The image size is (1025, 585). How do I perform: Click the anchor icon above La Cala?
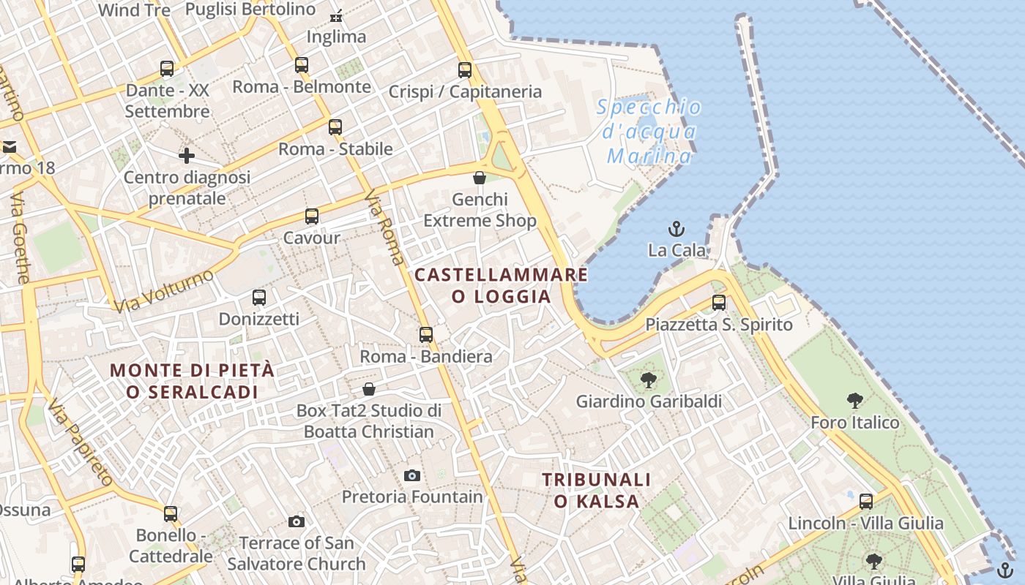[x=676, y=229]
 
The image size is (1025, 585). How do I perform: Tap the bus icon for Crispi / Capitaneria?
[x=465, y=70]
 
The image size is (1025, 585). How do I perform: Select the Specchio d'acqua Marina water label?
[x=649, y=132]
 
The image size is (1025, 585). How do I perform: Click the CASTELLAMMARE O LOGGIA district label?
[x=501, y=285]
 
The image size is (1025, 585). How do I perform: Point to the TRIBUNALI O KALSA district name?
[x=596, y=490]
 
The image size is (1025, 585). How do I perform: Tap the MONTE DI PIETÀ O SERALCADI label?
[x=193, y=381]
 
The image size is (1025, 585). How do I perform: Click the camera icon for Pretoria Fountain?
[x=412, y=476]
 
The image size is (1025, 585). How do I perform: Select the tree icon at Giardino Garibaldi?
[x=648, y=380]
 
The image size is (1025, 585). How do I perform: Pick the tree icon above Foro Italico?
[x=854, y=401]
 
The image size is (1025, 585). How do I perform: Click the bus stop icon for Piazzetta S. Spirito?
[x=719, y=303]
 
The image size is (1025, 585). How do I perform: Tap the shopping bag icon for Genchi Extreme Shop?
[x=480, y=178]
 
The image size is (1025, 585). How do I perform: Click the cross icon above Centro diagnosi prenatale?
[x=187, y=156]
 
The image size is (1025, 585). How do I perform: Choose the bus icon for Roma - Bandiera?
[x=426, y=335]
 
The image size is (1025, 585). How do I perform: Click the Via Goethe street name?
[x=20, y=238]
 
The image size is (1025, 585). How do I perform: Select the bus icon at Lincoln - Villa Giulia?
[x=866, y=502]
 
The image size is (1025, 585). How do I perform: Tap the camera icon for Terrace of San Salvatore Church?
[x=297, y=521]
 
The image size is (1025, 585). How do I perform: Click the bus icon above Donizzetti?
[x=259, y=298]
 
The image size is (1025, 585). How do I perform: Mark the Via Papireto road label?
[x=81, y=443]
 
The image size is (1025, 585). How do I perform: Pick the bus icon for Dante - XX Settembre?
[x=167, y=69]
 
